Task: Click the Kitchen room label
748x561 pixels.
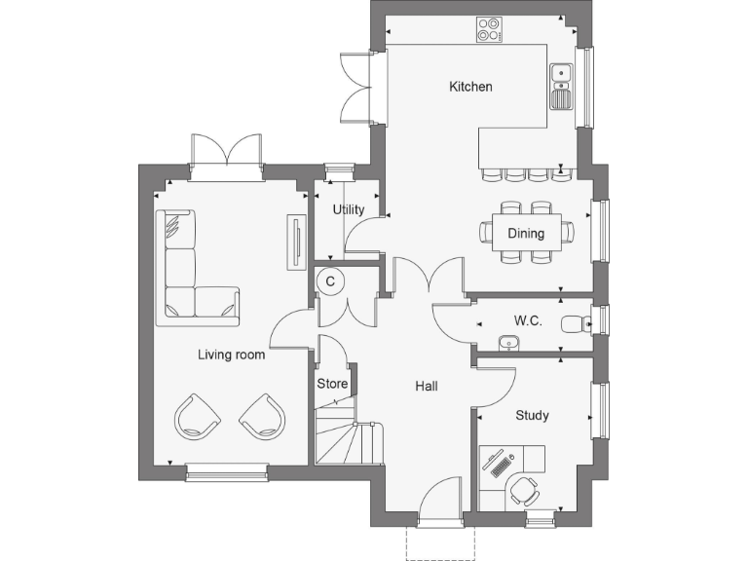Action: click(x=470, y=87)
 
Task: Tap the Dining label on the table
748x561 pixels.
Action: click(x=526, y=234)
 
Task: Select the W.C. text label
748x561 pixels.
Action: click(x=528, y=320)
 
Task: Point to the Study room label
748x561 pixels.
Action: click(x=532, y=416)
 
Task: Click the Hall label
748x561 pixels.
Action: click(x=427, y=387)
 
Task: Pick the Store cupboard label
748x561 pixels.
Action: click(x=332, y=384)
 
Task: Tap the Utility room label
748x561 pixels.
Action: click(x=349, y=209)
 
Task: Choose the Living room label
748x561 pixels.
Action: click(x=232, y=355)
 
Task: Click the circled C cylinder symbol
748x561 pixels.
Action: click(x=331, y=281)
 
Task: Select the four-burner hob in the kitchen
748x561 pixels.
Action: click(x=488, y=30)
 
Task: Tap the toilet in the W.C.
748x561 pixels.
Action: click(x=575, y=321)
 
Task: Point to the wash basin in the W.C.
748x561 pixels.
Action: click(x=507, y=341)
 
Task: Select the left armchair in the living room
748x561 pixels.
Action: click(x=198, y=417)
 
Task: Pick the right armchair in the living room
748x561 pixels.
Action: click(x=262, y=417)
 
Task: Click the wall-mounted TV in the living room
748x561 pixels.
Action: click(x=293, y=243)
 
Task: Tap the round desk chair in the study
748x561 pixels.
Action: click(x=527, y=489)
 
